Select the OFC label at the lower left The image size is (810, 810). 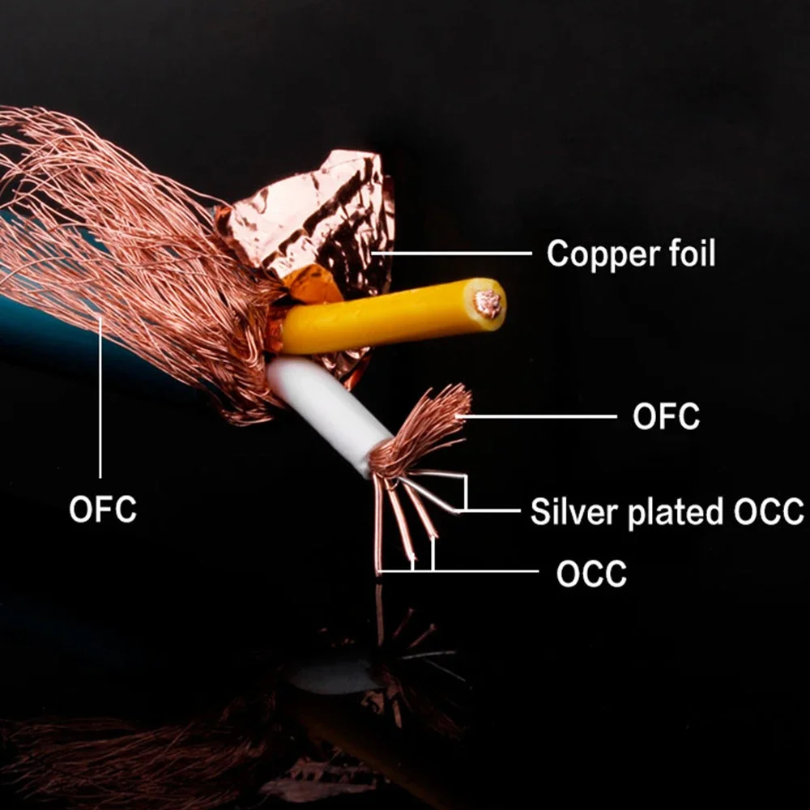102,510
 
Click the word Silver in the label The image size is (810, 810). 568,512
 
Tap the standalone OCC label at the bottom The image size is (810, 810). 590,574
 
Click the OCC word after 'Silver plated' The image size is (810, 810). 769,512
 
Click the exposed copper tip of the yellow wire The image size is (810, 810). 488,304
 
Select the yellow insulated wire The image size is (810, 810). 381,321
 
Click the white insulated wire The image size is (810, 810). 324,405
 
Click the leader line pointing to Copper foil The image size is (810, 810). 454,254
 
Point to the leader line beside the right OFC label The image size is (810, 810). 543,416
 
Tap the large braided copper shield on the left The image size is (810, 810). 122,243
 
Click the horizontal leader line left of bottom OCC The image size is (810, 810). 486,572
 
